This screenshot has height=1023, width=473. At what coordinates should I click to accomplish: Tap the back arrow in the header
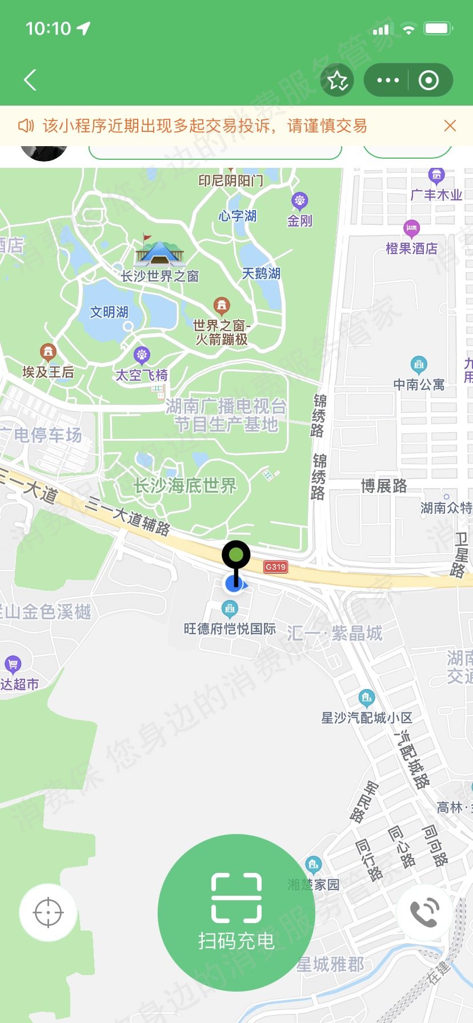30,80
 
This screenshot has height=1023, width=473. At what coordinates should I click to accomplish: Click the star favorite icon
337,80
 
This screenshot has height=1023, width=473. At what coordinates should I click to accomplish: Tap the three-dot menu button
388,80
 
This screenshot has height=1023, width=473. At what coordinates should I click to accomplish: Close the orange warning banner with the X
450,126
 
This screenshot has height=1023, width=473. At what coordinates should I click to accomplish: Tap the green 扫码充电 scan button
236,912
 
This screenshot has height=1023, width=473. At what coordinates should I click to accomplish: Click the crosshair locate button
48,912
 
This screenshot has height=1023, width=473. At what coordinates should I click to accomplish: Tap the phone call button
424,912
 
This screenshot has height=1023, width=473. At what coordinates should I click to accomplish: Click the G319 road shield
275,567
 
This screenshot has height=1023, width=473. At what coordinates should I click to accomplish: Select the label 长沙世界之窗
160,276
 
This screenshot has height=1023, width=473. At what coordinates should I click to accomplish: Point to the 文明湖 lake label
109,312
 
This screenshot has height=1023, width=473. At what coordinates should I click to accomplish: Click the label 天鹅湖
261,273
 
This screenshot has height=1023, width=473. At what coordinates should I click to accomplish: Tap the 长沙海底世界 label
185,486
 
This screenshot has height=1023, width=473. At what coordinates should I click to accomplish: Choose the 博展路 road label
384,486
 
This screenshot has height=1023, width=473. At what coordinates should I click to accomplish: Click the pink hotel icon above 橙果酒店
411,228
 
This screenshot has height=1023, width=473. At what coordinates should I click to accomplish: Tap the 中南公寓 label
419,385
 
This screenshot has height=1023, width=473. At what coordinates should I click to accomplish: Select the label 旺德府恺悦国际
230,629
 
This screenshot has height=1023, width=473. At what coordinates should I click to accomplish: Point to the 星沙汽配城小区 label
367,718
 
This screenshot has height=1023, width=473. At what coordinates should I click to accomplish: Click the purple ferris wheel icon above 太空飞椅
142,355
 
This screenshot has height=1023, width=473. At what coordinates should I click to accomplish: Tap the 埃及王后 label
48,372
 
